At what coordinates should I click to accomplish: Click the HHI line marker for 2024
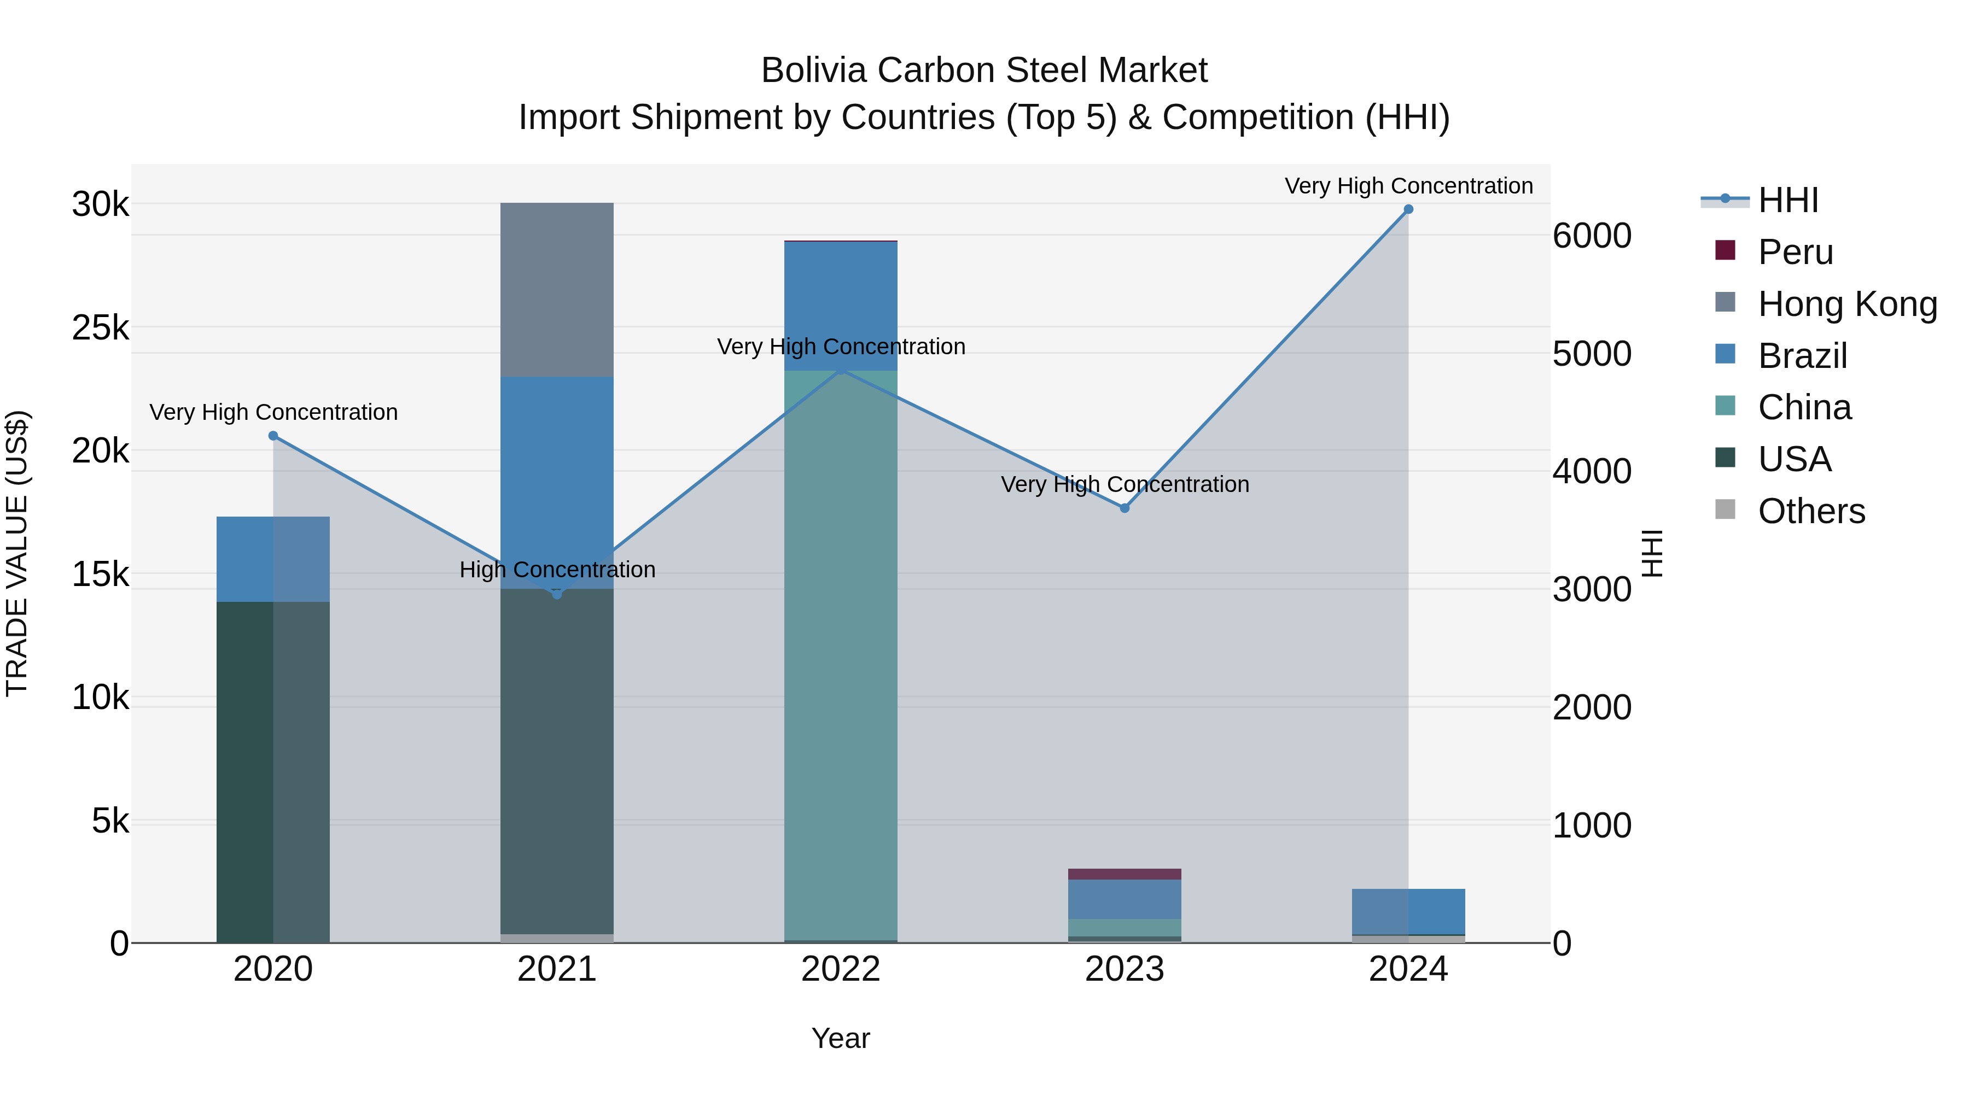[x=1408, y=209]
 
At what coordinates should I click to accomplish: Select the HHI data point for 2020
[x=273, y=436]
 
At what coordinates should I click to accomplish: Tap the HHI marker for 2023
[x=1125, y=508]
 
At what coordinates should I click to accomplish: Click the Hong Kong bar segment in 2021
[x=556, y=290]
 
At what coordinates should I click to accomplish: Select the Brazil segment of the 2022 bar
[x=841, y=306]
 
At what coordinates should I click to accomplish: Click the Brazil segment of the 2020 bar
[x=273, y=559]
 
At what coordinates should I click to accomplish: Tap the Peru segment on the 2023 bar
[x=1125, y=874]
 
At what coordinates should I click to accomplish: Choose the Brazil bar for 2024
[x=1408, y=911]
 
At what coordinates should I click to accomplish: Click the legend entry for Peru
[x=1795, y=252]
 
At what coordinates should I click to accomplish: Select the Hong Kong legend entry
[x=1846, y=304]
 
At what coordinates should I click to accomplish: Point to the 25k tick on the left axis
[x=100, y=328]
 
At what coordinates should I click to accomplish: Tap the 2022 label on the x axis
[x=841, y=969]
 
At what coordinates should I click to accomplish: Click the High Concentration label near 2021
[x=557, y=570]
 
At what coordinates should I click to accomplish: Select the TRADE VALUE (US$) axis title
[x=17, y=553]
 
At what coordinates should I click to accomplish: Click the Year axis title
[x=841, y=1038]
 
